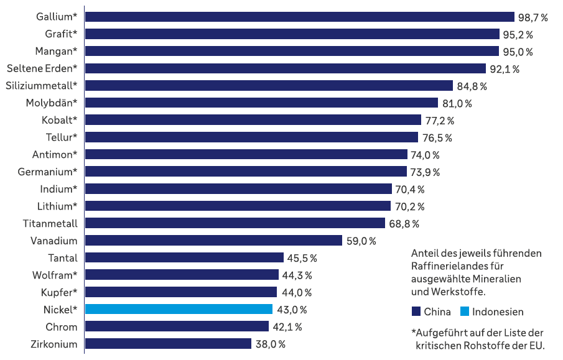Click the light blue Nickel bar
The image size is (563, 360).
tap(179, 309)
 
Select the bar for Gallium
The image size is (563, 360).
tap(299, 17)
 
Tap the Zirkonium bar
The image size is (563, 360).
tap(168, 344)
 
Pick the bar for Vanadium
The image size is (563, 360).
tap(213, 240)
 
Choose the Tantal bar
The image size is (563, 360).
tap(184, 257)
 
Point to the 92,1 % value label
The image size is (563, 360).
tap(505, 68)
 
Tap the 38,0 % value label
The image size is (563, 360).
tap(270, 344)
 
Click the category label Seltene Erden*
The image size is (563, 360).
tap(42, 68)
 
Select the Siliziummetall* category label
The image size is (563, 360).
tap(42, 85)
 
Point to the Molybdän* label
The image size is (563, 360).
tap(52, 103)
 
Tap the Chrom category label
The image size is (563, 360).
tap(62, 327)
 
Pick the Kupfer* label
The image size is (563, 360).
tap(59, 292)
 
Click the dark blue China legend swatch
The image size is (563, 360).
tap(417, 312)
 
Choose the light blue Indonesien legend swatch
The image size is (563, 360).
tap(465, 312)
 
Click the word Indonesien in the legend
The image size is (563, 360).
tap(498, 312)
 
